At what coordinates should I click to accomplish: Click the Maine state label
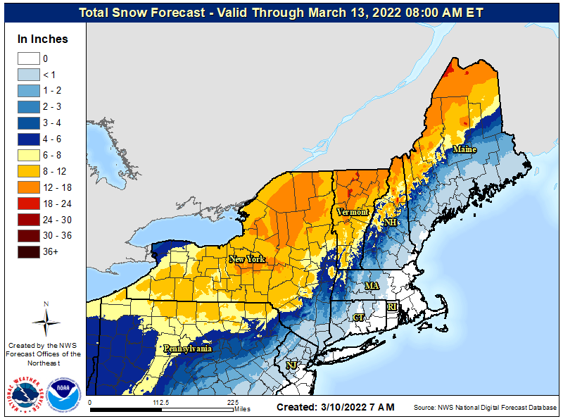coord(464,149)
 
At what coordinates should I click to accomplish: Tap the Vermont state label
coord(353,212)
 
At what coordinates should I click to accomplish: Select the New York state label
coord(247,259)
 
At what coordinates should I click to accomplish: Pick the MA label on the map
coord(372,286)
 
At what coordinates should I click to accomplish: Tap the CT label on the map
coord(359,318)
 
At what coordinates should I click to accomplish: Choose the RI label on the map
coord(393,306)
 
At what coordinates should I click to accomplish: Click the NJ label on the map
coord(291,365)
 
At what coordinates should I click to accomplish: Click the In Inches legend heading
coord(43,39)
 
